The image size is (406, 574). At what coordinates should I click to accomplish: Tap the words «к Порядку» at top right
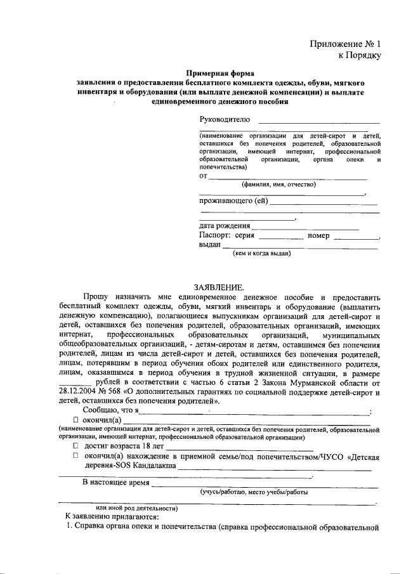point(359,56)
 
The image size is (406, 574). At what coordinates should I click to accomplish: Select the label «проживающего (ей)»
point(234,202)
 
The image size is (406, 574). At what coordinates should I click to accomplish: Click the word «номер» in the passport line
point(318,235)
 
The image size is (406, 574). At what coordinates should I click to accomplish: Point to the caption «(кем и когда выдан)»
point(263,253)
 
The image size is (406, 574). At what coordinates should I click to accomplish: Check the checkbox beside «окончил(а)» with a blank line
point(76,420)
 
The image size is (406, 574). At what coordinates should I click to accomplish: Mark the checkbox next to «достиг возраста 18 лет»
point(76,447)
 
